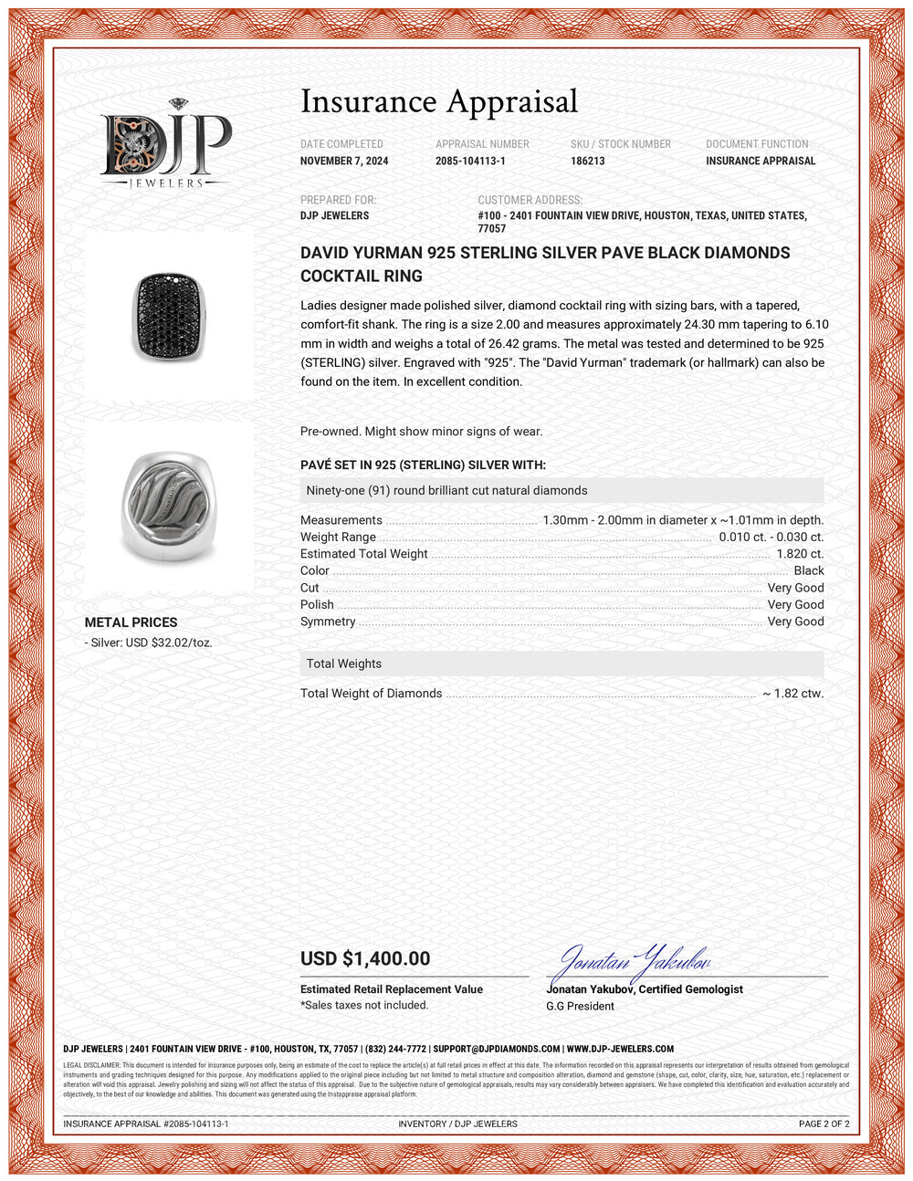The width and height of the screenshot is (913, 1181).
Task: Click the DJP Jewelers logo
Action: pyautogui.click(x=165, y=143)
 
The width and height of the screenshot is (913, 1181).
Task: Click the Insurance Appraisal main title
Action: pyautogui.click(x=439, y=101)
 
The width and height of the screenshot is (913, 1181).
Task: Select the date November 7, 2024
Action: pyautogui.click(x=344, y=161)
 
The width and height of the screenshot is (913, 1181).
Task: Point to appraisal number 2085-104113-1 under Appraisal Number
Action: pyautogui.click(x=470, y=161)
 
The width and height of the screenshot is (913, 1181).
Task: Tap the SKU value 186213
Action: pyautogui.click(x=588, y=161)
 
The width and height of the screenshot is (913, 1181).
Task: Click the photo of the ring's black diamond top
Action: pyautogui.click(x=170, y=315)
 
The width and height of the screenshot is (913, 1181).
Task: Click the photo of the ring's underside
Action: pyautogui.click(x=170, y=506)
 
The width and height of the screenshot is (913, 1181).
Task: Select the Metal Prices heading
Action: pyautogui.click(x=131, y=622)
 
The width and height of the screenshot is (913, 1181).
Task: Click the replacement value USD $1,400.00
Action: pyautogui.click(x=365, y=958)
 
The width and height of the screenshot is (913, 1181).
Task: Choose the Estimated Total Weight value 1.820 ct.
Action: pyautogui.click(x=800, y=554)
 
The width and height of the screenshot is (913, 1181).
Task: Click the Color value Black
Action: pyautogui.click(x=809, y=570)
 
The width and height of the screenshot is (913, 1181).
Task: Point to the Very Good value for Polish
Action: pyautogui.click(x=795, y=604)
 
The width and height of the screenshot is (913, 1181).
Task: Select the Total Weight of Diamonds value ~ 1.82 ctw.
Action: pyautogui.click(x=792, y=694)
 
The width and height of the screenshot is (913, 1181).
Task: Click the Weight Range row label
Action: pyautogui.click(x=338, y=538)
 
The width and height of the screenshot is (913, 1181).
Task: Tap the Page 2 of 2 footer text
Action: pyautogui.click(x=824, y=1124)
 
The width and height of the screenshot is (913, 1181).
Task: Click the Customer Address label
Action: pyautogui.click(x=530, y=200)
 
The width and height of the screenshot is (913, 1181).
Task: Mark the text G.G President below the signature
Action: pyautogui.click(x=580, y=1006)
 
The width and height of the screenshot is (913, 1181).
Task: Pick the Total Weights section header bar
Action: pyautogui.click(x=561, y=664)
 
